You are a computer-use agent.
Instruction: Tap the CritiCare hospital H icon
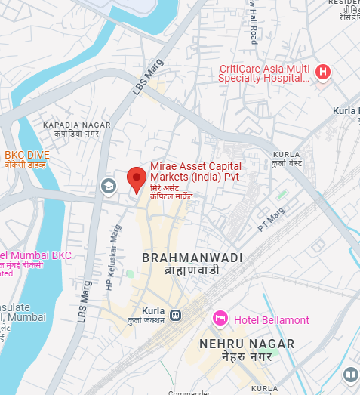[x=323, y=73]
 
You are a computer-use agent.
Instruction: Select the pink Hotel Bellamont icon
[x=220, y=319]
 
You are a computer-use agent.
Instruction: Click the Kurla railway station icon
[x=175, y=314]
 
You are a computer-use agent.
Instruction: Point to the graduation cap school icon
[x=109, y=185]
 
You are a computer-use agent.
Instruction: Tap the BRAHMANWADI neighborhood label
[x=192, y=258]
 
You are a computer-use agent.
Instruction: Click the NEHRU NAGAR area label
[x=247, y=344]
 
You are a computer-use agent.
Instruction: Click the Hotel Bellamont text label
[x=271, y=320]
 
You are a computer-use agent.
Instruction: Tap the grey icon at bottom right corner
[x=350, y=375]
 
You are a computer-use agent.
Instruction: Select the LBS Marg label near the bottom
[x=84, y=301]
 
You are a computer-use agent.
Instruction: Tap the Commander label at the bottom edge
[x=189, y=391]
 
